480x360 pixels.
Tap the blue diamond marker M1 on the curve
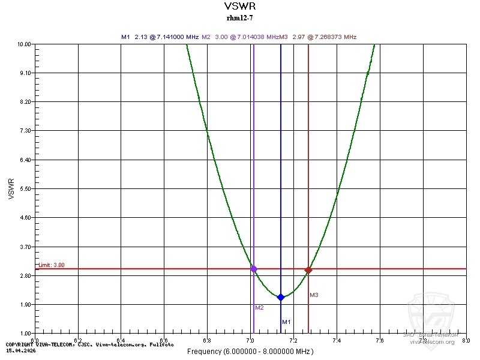click(x=281, y=297)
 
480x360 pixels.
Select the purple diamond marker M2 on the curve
click(x=254, y=269)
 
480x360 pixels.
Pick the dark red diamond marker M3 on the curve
click(x=308, y=270)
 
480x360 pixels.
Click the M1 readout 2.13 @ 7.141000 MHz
click(x=160, y=37)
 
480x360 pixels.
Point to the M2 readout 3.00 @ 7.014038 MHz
click(x=240, y=37)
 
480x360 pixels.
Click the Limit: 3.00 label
click(x=52, y=265)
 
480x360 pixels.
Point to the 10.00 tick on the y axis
click(x=25, y=44)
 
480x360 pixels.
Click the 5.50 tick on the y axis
click(x=26, y=189)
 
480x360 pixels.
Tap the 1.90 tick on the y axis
click(x=26, y=304)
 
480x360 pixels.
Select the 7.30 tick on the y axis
click(x=26, y=131)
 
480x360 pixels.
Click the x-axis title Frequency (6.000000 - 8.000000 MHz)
click(x=249, y=351)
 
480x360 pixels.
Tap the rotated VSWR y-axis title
click(x=11, y=188)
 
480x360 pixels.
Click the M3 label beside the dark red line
click(x=314, y=295)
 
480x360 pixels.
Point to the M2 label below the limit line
click(x=259, y=308)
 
